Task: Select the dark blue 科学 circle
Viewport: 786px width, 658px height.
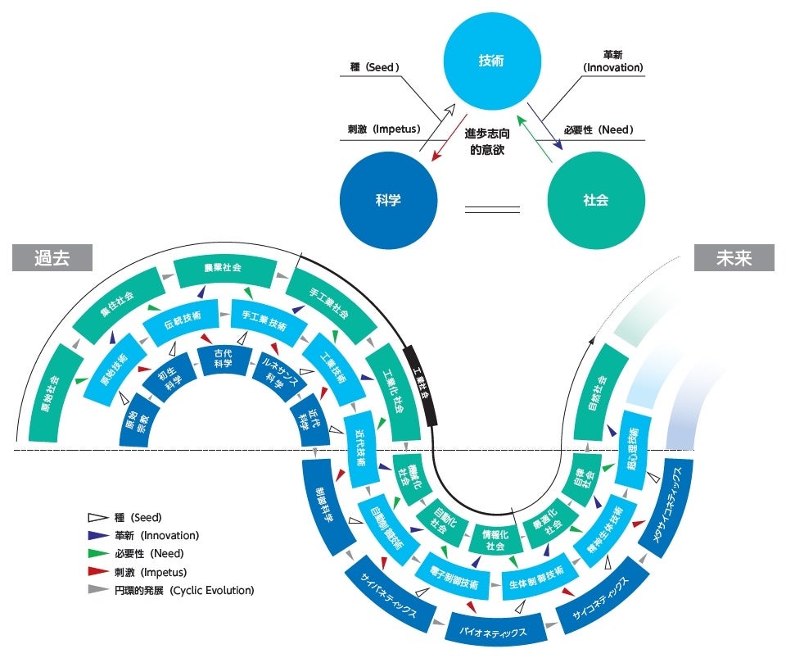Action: [388, 199]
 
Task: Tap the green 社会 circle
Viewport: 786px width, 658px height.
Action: [595, 199]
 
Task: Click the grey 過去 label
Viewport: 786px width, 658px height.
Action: [52, 257]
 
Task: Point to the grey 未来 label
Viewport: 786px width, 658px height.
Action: [734, 257]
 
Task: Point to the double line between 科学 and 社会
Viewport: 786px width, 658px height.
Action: [492, 210]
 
